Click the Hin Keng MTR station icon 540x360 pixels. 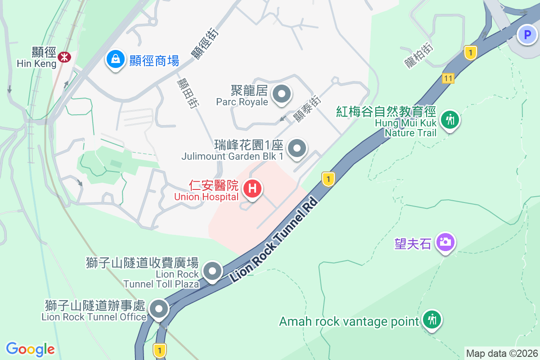tap(64, 56)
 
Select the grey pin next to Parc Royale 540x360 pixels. tap(282, 94)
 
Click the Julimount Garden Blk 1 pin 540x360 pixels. tap(297, 148)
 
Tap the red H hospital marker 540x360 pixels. tap(252, 188)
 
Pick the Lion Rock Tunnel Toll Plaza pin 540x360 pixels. tap(212, 271)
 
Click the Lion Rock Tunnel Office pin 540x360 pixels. tap(158, 309)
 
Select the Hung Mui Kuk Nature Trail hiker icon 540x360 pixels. tap(450, 120)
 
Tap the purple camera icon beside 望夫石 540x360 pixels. tap(445, 242)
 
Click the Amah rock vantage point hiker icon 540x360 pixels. tap(432, 320)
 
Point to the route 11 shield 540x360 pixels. tap(447, 78)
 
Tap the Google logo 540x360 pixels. tap(30, 349)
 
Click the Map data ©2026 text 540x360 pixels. tap(501, 353)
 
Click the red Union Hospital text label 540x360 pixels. tap(207, 191)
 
